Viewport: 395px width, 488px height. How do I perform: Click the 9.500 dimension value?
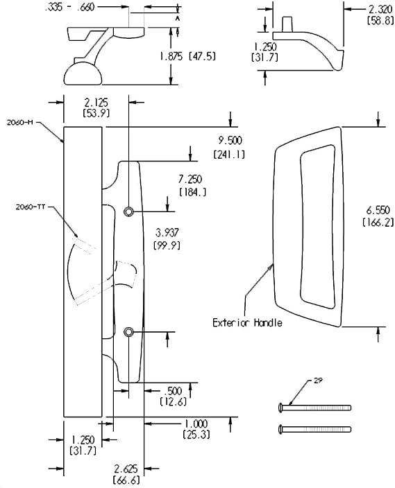click(230, 141)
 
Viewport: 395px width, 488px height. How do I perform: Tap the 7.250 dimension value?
click(190, 180)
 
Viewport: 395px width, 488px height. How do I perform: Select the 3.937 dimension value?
click(167, 232)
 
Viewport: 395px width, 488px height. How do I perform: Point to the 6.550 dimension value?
click(378, 211)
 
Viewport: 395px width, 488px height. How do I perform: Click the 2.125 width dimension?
click(96, 102)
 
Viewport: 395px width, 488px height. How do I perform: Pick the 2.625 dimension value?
click(126, 469)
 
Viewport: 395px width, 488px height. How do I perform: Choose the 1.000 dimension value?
click(196, 424)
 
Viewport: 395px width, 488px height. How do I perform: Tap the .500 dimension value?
click(173, 391)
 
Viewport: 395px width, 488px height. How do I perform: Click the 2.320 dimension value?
click(380, 10)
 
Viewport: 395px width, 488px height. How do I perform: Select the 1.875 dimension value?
click(171, 56)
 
